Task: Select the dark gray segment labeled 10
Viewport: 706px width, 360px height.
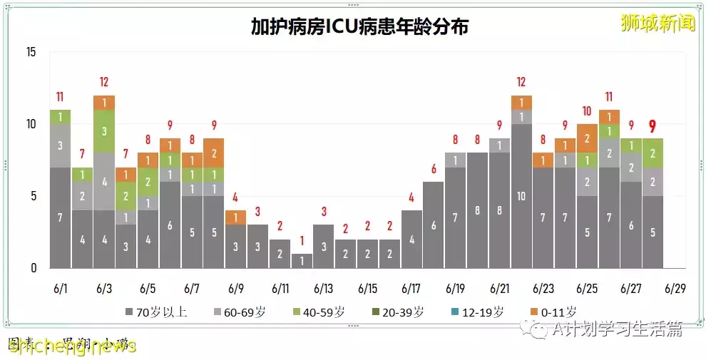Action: click(x=521, y=196)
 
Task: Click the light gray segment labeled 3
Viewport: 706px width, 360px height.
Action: click(x=60, y=145)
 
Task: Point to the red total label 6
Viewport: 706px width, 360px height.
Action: click(x=433, y=169)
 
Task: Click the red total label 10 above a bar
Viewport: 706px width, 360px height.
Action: click(x=587, y=111)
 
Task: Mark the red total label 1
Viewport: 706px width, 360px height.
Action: click(x=302, y=241)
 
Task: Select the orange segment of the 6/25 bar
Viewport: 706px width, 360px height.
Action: click(x=587, y=138)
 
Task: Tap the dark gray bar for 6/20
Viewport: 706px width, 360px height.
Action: click(x=477, y=210)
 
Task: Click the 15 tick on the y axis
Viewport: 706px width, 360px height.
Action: click(x=30, y=52)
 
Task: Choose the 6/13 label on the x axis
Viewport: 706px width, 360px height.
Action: click(x=324, y=289)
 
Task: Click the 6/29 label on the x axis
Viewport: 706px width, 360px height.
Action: click(x=675, y=289)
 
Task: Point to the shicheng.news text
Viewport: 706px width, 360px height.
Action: click(x=71, y=346)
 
